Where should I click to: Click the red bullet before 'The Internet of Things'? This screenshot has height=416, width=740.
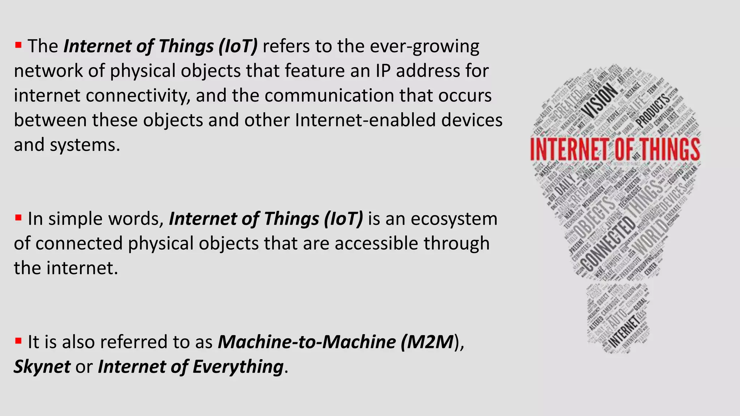pos(18,45)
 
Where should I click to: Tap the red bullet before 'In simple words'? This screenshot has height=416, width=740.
pos(18,218)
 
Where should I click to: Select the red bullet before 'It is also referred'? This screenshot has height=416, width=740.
pos(18,341)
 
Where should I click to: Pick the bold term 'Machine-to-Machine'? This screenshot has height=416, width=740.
pos(307,342)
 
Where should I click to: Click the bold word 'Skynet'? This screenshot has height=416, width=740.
pos(42,367)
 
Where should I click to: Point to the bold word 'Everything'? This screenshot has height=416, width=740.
pos(238,367)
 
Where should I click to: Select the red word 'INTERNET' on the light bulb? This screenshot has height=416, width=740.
pos(570,149)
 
